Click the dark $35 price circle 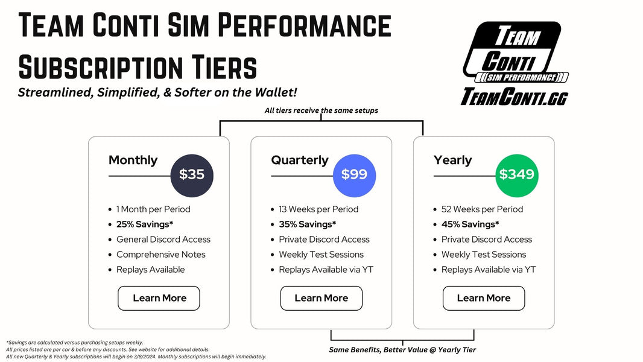click(192, 175)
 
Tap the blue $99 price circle click(354, 175)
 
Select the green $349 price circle click(517, 175)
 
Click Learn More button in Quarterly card click(321, 298)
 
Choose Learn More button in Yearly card click(484, 298)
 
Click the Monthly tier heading click(133, 160)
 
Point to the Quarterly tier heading click(300, 160)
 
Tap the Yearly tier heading click(452, 160)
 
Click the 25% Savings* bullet click(145, 224)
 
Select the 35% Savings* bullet click(307, 224)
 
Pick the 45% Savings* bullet click(470, 224)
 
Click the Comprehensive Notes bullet click(160, 255)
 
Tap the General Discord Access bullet click(163, 240)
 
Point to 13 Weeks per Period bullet click(318, 209)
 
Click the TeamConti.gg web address click(514, 97)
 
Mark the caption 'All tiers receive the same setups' click(321, 111)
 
